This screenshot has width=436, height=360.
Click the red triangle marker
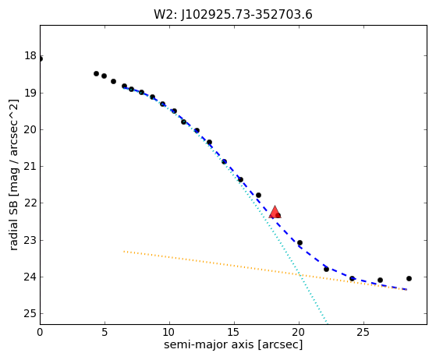tap(275, 212)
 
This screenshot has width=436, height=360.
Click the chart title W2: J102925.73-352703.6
tap(233, 15)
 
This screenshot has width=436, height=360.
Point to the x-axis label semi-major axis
tap(208, 344)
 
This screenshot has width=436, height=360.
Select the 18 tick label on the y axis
tap(30, 56)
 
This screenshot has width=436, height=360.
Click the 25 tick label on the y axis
tap(30, 313)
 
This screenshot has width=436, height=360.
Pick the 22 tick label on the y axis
tap(30, 203)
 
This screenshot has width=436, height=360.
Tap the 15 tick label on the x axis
tap(234, 332)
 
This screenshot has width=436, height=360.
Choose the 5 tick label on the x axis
tap(105, 332)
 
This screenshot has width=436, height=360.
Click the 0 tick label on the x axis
tap(40, 332)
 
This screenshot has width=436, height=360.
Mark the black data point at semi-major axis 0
tap(41, 59)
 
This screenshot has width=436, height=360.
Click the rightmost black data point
tap(409, 278)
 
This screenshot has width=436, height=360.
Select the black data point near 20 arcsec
tap(300, 243)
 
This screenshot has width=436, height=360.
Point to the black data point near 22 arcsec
tap(327, 269)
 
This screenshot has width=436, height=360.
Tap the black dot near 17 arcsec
tap(258, 196)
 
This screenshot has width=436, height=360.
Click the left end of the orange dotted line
tap(124, 252)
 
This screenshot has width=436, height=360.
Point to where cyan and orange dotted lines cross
tap(300, 275)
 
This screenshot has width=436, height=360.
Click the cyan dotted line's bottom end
tap(328, 323)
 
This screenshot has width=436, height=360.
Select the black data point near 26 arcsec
tap(380, 280)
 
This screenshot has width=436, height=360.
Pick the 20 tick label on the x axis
tap(299, 332)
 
